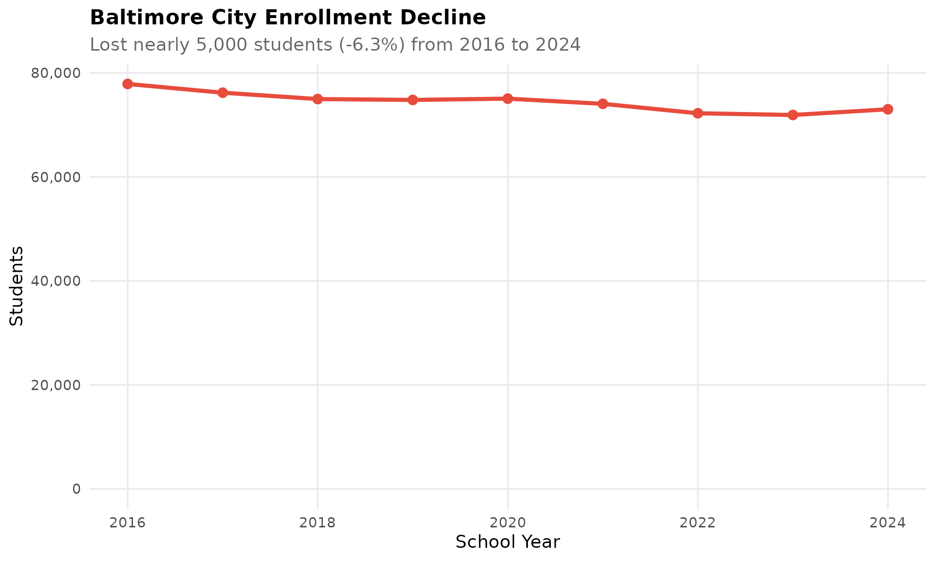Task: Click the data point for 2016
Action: pyautogui.click(x=128, y=84)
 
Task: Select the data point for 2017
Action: pyautogui.click(x=223, y=93)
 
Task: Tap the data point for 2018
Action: pyautogui.click(x=318, y=99)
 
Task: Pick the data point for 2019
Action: pyautogui.click(x=412, y=100)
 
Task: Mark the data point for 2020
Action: pyautogui.click(x=507, y=98)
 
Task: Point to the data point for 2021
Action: pyautogui.click(x=602, y=104)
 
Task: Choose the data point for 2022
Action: pyautogui.click(x=697, y=113)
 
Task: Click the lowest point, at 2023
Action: pyautogui.click(x=792, y=115)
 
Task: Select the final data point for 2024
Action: pyautogui.click(x=888, y=109)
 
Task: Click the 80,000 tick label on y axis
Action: pyautogui.click(x=55, y=73)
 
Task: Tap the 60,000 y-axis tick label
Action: pyautogui.click(x=55, y=177)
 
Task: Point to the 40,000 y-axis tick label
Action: pyautogui.click(x=55, y=281)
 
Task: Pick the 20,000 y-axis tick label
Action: pyautogui.click(x=55, y=385)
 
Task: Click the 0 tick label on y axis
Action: pyautogui.click(x=76, y=489)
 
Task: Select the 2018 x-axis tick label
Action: pyautogui.click(x=318, y=523)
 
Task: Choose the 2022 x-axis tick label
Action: pyautogui.click(x=697, y=523)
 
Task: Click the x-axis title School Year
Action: pyautogui.click(x=507, y=542)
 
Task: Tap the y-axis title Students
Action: pyautogui.click(x=17, y=286)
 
